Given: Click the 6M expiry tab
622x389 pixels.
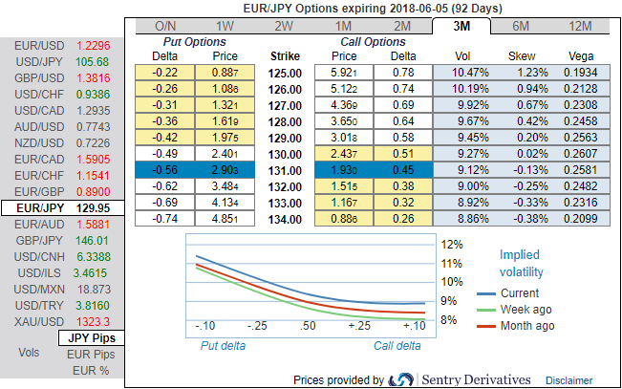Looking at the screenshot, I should coord(522,26).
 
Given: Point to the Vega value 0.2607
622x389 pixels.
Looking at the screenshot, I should coord(579,155).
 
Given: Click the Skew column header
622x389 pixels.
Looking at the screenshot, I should coord(520,56).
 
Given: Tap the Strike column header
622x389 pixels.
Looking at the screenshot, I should coord(286,56).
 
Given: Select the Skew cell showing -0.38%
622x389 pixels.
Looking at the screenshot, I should coord(520,220).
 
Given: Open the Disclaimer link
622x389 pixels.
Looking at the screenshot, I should coord(569,379).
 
